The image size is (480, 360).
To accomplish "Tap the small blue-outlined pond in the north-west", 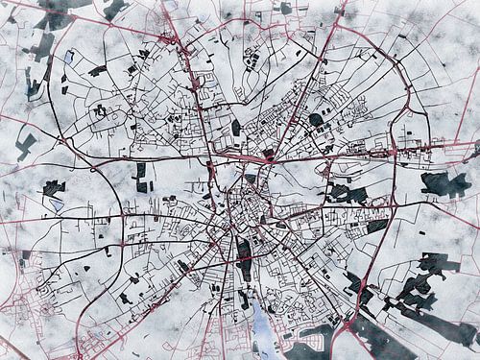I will click(x=68, y=56).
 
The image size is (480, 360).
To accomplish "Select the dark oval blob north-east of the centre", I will click(x=316, y=120).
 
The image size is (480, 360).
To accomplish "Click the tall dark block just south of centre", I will click(x=244, y=257).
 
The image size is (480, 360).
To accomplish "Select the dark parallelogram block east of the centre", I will click(x=377, y=226).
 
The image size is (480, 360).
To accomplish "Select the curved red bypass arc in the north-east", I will click(x=384, y=58).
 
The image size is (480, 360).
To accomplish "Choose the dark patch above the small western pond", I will click(x=54, y=187).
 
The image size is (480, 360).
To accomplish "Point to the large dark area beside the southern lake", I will click(x=312, y=336).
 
